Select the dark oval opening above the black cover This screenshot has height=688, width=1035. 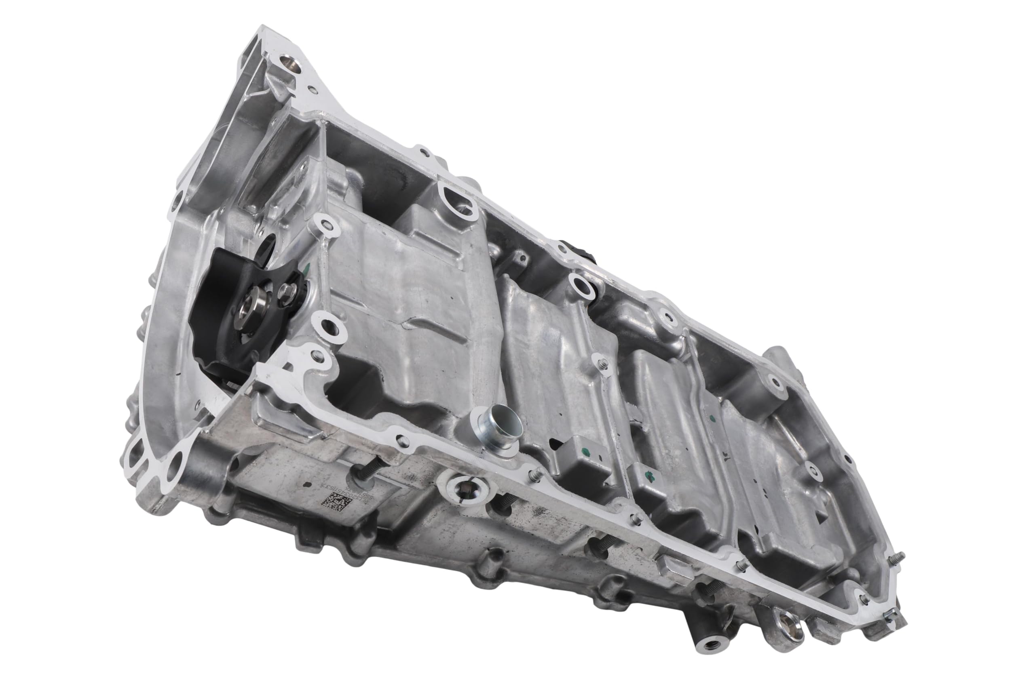click(266, 251)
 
